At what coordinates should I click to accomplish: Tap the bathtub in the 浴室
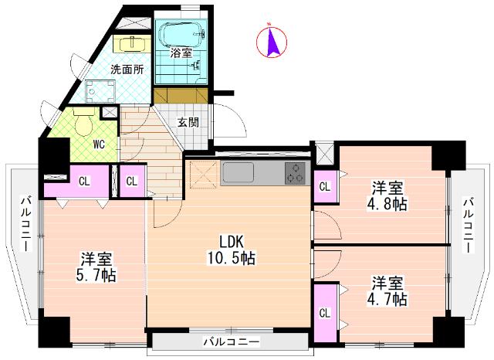181,35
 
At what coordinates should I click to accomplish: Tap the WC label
99,144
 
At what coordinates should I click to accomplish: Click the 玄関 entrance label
188,122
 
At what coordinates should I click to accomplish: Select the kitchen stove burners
295,174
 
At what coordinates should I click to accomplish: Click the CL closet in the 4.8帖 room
325,186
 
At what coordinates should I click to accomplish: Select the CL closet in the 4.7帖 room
325,313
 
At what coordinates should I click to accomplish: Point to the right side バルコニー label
469,226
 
